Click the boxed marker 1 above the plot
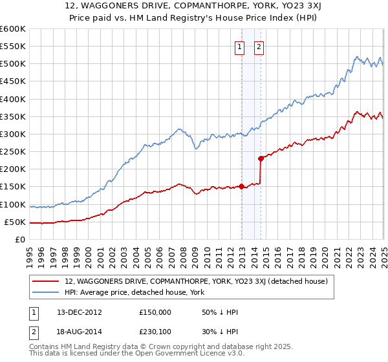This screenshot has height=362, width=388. pyautogui.click(x=239, y=46)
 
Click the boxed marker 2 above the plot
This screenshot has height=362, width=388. pyautogui.click(x=259, y=46)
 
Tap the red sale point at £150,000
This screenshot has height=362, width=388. pyautogui.click(x=242, y=187)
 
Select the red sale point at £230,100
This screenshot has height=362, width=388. pyautogui.click(x=261, y=158)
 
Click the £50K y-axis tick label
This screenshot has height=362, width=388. pyautogui.click(x=15, y=222)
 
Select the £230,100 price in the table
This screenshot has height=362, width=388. pyautogui.click(x=156, y=331)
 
